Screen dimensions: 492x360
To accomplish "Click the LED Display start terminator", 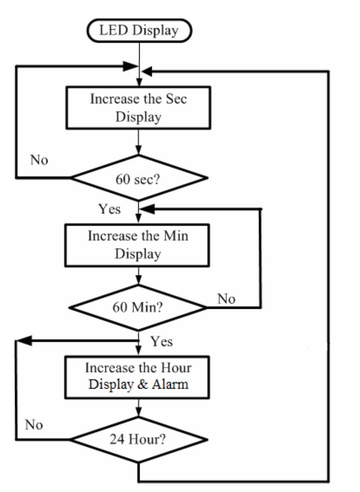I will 139,32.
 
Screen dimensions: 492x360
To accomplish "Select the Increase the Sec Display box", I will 139,109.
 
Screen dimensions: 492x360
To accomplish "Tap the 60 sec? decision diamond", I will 139,178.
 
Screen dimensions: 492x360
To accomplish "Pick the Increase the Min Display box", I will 138,244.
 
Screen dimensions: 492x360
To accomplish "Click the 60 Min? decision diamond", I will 138,308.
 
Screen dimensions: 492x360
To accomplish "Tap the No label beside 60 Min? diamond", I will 226,298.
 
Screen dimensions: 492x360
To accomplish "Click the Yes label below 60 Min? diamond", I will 161,341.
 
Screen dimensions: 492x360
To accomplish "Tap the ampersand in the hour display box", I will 148,383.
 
